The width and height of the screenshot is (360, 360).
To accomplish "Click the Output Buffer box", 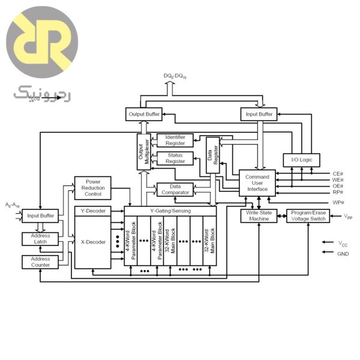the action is click(x=144, y=114).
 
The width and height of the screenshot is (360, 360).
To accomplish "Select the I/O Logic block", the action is click(x=301, y=160).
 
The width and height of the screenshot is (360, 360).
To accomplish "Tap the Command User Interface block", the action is click(x=257, y=183).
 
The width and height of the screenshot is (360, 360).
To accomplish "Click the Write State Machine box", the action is click(x=259, y=216).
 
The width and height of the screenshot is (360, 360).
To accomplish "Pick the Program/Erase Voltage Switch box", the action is click(x=308, y=216).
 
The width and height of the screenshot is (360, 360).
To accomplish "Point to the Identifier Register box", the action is click(x=175, y=140).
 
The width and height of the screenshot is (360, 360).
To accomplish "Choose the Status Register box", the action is click(x=175, y=158).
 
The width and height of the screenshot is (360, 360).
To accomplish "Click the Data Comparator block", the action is click(x=175, y=190).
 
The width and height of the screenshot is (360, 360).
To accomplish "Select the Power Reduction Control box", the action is click(x=93, y=188).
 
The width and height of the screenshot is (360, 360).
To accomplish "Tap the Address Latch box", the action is click(x=40, y=239).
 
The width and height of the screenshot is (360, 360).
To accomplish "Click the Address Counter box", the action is click(x=40, y=262).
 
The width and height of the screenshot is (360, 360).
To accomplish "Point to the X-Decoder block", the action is click(x=93, y=242).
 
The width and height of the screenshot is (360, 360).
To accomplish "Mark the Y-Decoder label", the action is click(x=93, y=211).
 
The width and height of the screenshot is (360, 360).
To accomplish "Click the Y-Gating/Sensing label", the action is click(x=170, y=211).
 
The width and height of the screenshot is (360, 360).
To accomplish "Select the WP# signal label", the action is click(x=338, y=203).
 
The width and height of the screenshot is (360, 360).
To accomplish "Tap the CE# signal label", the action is click(x=338, y=174).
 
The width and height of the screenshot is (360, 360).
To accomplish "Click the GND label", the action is click(x=343, y=254).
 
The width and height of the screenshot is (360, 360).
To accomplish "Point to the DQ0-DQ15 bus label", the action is click(x=175, y=76).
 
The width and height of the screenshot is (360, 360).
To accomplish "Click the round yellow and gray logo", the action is click(x=42, y=42).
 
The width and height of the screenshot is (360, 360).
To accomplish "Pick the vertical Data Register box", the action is click(x=213, y=155).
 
